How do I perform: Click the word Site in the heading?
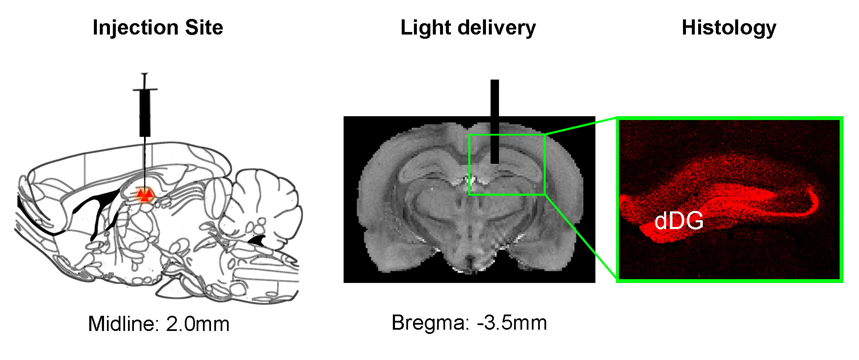tap(204, 28)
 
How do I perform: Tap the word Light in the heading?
tap(425, 28)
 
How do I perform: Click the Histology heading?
tap(729, 28)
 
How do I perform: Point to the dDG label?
tap(679, 221)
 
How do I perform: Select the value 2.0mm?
tap(198, 324)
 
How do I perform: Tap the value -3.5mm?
tap(512, 323)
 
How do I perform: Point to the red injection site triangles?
tap(145, 195)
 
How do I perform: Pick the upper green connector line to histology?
tap(581, 126)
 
